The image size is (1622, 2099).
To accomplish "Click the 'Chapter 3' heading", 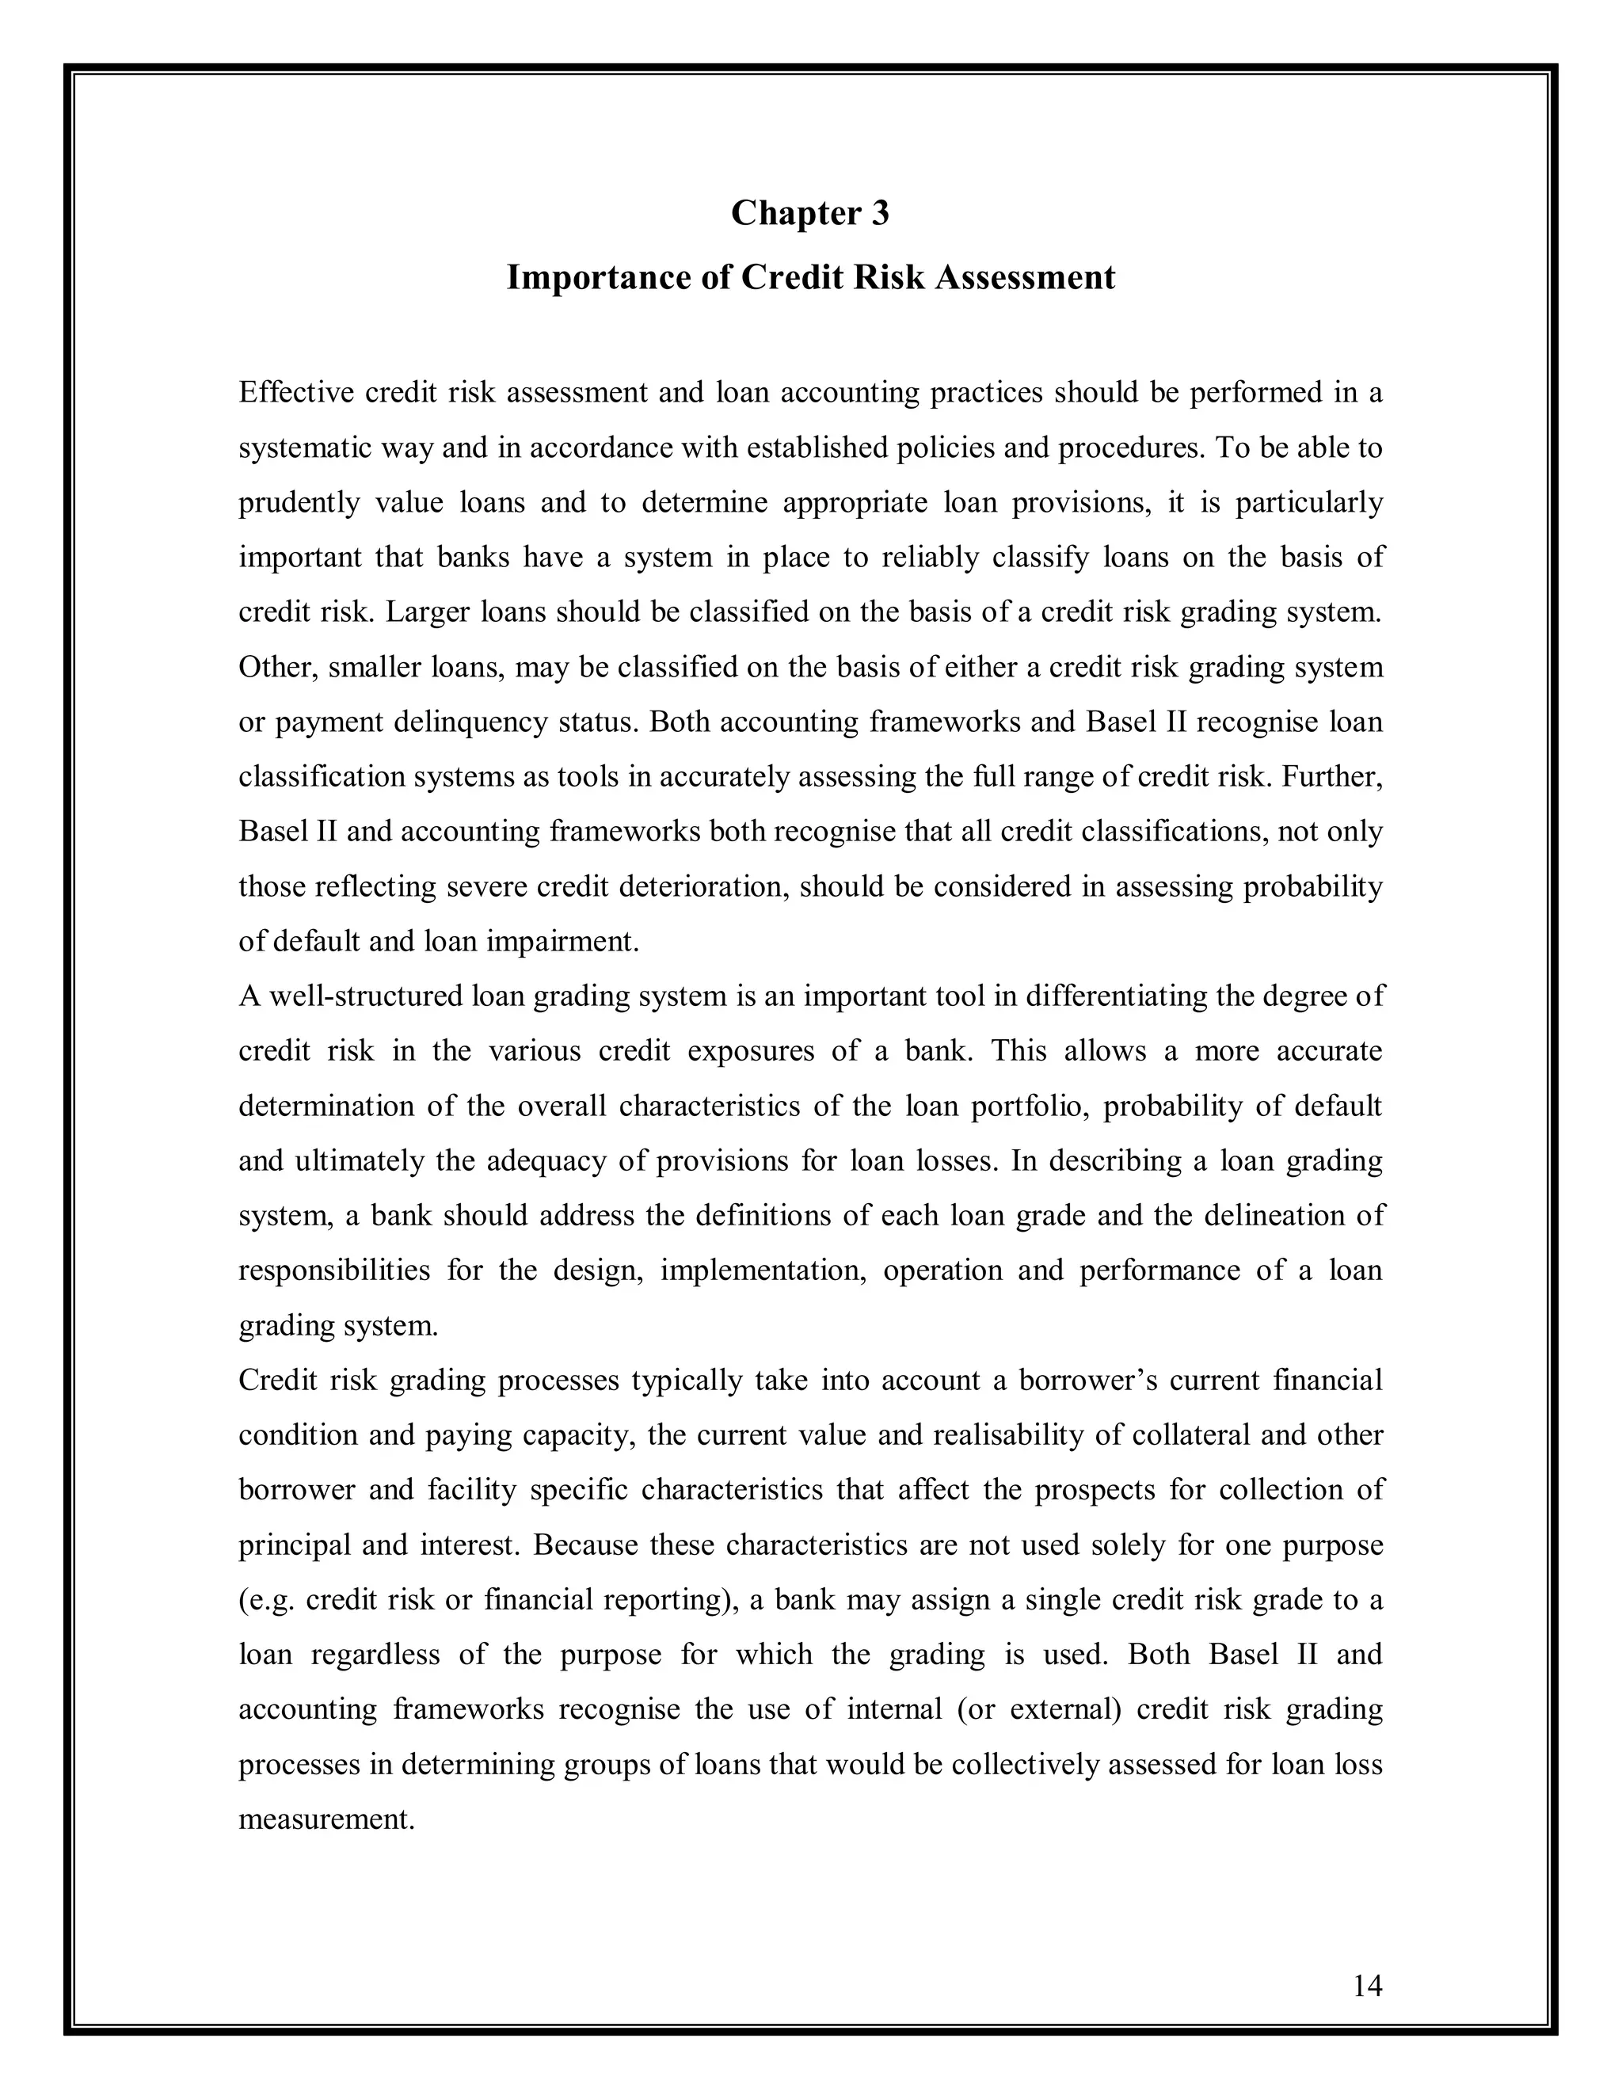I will (x=810, y=212).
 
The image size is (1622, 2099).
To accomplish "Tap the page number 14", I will (x=1366, y=1985).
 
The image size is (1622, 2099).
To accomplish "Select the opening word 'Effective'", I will (x=294, y=392).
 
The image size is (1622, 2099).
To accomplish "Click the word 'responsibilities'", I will (x=334, y=1270).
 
